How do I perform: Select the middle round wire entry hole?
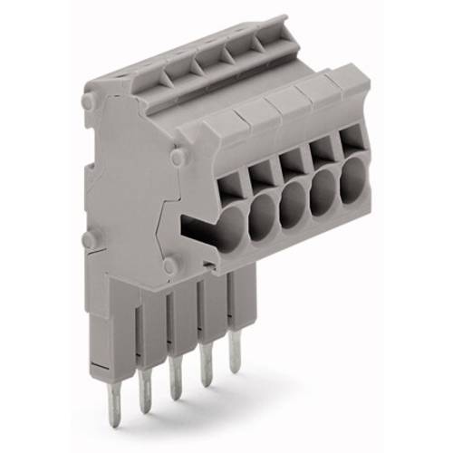click(292, 207)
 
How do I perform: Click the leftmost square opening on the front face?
click(230, 186)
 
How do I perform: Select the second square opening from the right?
click(322, 153)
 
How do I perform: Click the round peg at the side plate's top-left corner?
click(89, 103)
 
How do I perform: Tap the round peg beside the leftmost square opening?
click(178, 159)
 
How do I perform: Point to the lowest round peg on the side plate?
click(169, 266)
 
